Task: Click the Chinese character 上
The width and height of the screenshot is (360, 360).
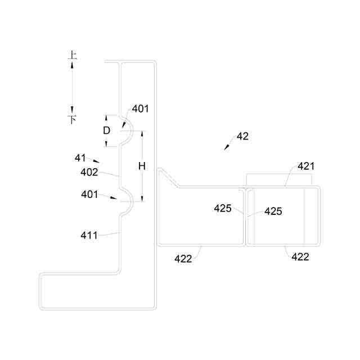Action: (x=73, y=55)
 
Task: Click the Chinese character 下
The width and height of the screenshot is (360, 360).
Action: (x=73, y=119)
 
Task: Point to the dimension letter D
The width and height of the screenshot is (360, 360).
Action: (x=107, y=130)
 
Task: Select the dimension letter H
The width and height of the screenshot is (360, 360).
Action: (x=142, y=166)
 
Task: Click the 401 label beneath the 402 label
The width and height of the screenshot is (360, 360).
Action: (x=89, y=194)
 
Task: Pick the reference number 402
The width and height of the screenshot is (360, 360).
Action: (x=89, y=172)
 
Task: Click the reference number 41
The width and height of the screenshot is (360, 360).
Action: (x=80, y=158)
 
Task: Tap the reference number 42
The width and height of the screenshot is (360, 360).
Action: (x=242, y=136)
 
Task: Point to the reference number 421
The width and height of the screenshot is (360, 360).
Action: (x=306, y=166)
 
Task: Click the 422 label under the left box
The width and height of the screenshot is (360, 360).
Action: (x=183, y=258)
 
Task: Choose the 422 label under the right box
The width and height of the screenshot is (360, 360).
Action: (x=300, y=256)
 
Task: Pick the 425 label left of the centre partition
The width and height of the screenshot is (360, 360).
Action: (x=223, y=208)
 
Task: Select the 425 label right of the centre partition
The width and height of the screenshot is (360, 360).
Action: (x=273, y=211)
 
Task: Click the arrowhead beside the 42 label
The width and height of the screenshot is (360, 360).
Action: (x=226, y=148)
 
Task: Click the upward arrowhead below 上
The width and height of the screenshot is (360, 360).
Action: (x=73, y=65)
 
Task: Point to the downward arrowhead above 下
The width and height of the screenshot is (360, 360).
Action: (x=73, y=109)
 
